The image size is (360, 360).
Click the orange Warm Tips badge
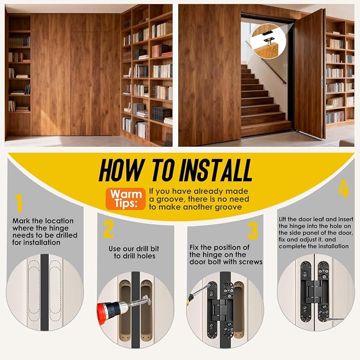pyautogui.click(x=126, y=199)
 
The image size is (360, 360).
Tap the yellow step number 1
pyautogui.click(x=19, y=203)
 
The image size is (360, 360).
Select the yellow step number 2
pyautogui.click(x=108, y=229)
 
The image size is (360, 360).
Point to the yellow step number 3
pyautogui.click(x=252, y=231)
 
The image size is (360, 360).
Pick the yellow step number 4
pyautogui.click(x=344, y=189)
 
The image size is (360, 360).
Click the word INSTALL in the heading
pyautogui.click(x=216, y=170)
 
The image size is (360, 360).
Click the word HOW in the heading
pyautogui.click(x=122, y=170)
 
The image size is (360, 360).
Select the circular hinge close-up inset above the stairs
pyautogui.click(x=268, y=41)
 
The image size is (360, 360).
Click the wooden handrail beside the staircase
pyautogui.click(x=266, y=63)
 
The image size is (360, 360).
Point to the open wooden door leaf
pyautogui.click(x=310, y=74)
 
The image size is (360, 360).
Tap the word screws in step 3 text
pyautogui.click(x=251, y=262)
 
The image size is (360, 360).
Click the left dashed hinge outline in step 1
pyautogui.click(x=34, y=291)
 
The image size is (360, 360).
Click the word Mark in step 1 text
pyautogui.click(x=21, y=221)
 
